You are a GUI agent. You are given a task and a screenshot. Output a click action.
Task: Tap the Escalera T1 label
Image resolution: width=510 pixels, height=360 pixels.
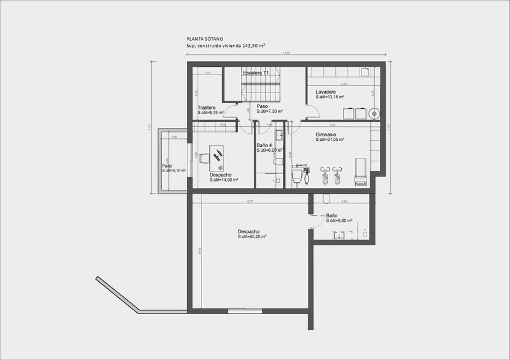coord(256,73)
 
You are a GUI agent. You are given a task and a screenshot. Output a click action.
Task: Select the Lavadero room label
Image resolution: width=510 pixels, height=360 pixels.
coord(326,92)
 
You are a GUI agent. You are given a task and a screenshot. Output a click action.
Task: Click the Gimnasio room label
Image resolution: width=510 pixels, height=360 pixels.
coord(330,135)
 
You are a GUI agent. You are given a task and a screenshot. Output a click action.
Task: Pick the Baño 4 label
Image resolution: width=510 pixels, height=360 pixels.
coord(265,145)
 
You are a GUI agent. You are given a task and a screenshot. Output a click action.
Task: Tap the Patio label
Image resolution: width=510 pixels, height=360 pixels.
coord(167,166)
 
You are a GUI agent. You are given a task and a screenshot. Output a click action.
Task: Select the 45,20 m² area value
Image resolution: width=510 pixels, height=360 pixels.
coord(252,236)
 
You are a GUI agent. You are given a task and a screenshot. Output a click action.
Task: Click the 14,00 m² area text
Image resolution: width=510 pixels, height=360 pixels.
coord(224,180)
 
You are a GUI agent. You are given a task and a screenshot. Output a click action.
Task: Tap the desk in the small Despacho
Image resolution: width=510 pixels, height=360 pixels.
coord(217,155)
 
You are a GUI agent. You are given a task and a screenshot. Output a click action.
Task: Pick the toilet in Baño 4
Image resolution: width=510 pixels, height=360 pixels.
coord(278,163)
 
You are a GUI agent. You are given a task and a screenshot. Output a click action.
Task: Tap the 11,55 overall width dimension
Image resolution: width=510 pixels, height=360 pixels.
coord(287,54)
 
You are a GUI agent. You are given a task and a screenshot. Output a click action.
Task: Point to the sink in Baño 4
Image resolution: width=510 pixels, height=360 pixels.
coord(279,136)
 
